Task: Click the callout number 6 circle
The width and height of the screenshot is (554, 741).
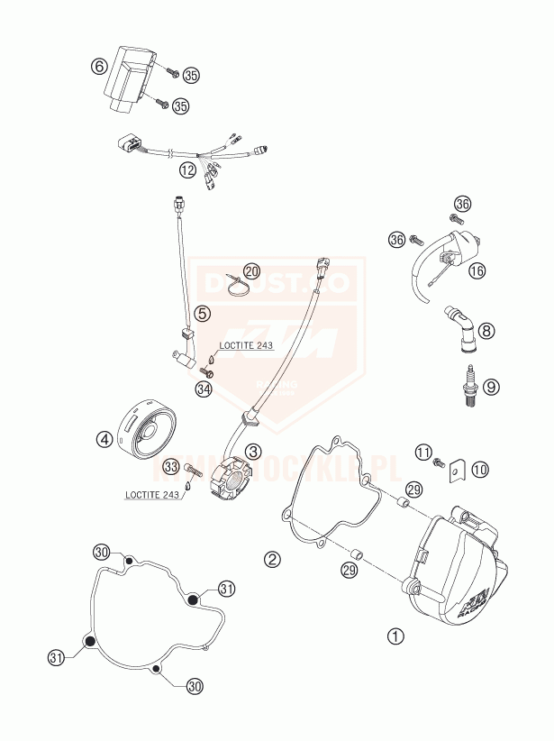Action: point(99,66)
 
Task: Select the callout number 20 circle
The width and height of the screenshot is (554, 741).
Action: point(250,271)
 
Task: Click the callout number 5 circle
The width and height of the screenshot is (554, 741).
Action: point(204,314)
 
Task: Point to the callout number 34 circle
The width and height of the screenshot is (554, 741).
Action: point(204,389)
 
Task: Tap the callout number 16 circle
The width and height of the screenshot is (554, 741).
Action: point(477,270)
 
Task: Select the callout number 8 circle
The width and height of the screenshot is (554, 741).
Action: point(487,331)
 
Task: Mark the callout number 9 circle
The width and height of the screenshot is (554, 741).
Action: point(490,387)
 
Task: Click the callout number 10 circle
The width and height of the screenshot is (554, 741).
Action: point(479,469)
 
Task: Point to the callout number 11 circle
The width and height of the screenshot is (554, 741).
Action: point(423,451)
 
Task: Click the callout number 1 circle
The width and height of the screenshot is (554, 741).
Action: point(394,636)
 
